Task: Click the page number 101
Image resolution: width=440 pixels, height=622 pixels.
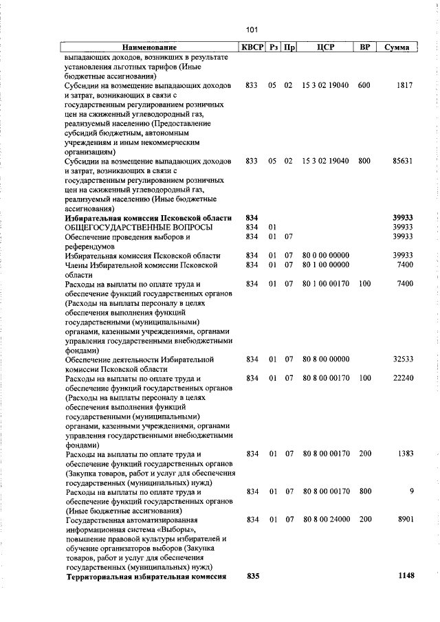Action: pyautogui.click(x=251, y=30)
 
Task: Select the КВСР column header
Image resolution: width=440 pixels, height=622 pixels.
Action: pyautogui.click(x=252, y=47)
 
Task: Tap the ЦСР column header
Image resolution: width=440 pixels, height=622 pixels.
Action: pyautogui.click(x=326, y=47)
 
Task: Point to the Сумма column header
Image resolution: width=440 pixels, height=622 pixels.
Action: pyautogui.click(x=397, y=47)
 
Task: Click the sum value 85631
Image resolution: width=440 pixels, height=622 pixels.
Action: pyautogui.click(x=401, y=161)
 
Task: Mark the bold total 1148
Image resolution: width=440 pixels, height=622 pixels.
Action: pyautogui.click(x=406, y=576)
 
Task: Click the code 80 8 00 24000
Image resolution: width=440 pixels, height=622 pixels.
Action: pyautogui.click(x=326, y=520)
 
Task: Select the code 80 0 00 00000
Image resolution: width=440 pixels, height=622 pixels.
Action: pyautogui.click(x=326, y=255)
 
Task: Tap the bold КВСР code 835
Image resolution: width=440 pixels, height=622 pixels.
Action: pyautogui.click(x=252, y=576)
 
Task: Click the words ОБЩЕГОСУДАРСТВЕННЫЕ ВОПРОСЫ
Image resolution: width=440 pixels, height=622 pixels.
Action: pyautogui.click(x=138, y=227)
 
